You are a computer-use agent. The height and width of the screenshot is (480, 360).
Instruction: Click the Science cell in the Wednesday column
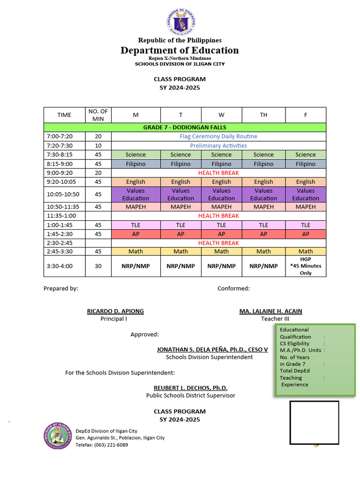(x=221, y=155)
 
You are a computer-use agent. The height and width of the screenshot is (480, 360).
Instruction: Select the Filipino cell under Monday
(x=135, y=164)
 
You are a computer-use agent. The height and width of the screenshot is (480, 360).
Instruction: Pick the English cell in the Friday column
(x=306, y=182)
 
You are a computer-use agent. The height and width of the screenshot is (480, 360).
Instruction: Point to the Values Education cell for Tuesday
(x=180, y=195)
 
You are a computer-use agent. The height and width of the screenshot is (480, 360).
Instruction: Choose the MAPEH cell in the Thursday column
(x=263, y=207)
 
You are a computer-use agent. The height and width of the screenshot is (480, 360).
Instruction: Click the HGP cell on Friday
(x=306, y=266)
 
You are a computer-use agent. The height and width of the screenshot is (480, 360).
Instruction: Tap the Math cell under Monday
(x=135, y=252)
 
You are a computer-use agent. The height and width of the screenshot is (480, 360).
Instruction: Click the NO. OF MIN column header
(x=98, y=115)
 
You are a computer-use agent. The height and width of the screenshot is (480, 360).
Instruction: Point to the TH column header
(x=263, y=115)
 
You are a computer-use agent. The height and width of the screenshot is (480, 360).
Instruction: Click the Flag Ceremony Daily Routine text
(x=218, y=136)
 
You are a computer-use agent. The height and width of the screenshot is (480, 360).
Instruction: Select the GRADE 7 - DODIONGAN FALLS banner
(x=185, y=127)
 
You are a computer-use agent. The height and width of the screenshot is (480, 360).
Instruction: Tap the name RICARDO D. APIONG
(x=115, y=311)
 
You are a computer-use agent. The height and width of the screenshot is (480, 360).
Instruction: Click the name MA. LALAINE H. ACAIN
(x=270, y=311)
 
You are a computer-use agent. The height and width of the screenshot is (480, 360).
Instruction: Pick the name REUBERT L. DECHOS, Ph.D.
(x=190, y=388)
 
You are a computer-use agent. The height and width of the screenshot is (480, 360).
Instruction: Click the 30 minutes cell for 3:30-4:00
(x=98, y=266)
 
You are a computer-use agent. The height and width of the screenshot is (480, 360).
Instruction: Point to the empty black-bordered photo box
(x=314, y=422)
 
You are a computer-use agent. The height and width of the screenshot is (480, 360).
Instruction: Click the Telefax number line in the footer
(x=102, y=445)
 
